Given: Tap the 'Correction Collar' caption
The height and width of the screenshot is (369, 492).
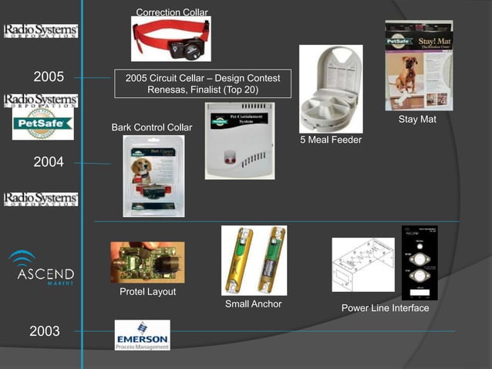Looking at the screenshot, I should click(x=172, y=12).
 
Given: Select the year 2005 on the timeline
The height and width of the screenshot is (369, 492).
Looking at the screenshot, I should click(x=49, y=77).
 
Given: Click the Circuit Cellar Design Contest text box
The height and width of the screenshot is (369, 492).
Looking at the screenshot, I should click(x=203, y=84).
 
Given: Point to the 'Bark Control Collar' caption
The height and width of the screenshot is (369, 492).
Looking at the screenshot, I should click(x=152, y=127).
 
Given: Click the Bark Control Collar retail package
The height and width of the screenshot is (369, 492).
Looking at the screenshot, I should click(x=153, y=176).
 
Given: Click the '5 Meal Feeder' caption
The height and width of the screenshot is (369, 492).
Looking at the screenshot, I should click(x=331, y=140).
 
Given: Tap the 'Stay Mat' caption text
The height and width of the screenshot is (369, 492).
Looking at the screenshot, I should click(x=417, y=120).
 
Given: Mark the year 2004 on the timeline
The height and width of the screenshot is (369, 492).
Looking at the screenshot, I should click(x=49, y=162).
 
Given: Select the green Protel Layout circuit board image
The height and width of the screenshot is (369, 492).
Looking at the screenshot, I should click(x=147, y=262).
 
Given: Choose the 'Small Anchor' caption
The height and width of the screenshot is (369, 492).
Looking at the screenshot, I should click(x=253, y=304).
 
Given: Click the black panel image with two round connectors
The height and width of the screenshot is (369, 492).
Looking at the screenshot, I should click(x=420, y=262).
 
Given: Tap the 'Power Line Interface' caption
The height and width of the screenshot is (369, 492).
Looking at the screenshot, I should click(x=385, y=309).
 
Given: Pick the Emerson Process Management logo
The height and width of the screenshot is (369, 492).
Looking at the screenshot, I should click(x=142, y=335).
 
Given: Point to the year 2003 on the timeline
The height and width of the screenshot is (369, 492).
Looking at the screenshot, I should click(x=45, y=332).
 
